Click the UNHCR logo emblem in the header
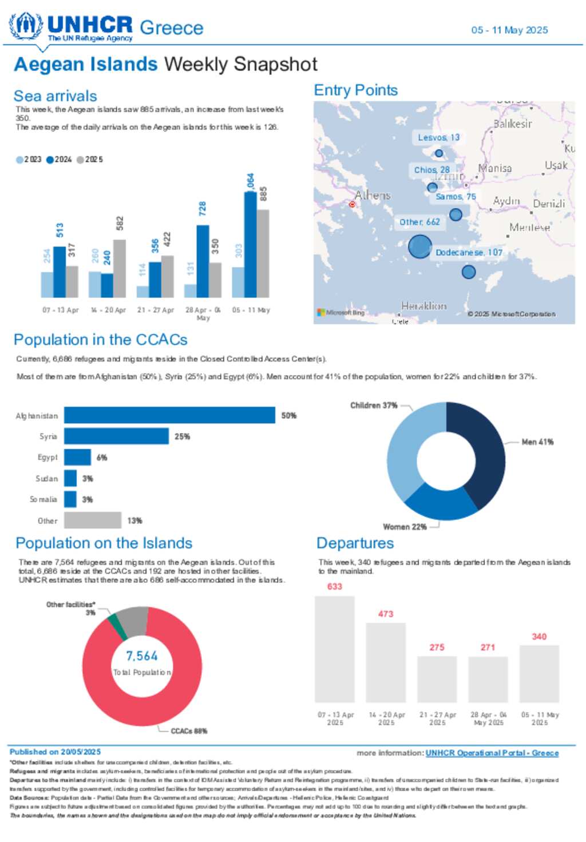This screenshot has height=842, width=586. [26, 25]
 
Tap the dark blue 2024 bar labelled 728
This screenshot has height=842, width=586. [203, 261]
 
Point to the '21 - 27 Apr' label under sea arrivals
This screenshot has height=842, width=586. [156, 310]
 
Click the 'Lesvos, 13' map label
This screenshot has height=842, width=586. [438, 137]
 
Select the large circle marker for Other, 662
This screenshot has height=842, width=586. [419, 247]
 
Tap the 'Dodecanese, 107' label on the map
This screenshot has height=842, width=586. [469, 252]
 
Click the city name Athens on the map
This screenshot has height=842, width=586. [373, 195]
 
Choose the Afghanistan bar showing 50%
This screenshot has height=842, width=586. [169, 415]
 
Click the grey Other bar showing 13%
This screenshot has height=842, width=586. [93, 520]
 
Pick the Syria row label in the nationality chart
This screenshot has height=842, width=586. [48, 436]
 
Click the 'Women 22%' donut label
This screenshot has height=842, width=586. [405, 527]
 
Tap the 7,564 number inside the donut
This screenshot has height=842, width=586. [142, 656]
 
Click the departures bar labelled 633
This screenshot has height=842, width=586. [335, 649]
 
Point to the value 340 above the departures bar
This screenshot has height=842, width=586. [539, 637]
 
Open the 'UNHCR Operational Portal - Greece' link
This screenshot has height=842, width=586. [492, 753]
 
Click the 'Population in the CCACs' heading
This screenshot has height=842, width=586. [101, 340]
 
